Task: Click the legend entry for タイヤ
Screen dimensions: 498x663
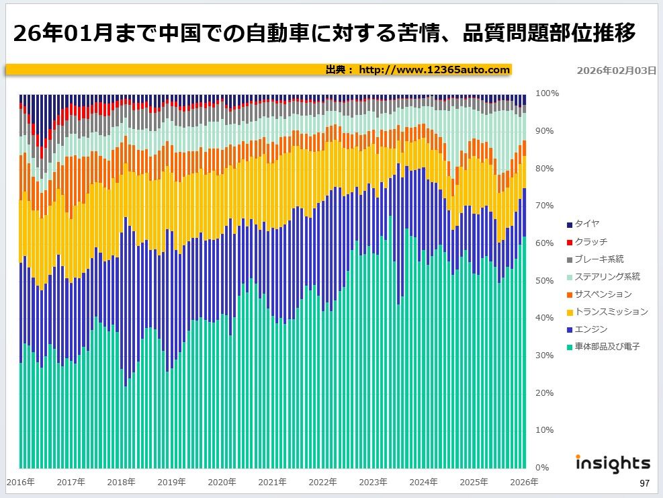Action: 587,224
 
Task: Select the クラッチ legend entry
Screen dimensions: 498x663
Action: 591,241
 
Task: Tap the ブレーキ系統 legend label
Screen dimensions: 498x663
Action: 599,259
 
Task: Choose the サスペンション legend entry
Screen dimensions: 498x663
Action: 603,294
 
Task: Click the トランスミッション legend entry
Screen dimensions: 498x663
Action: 611,311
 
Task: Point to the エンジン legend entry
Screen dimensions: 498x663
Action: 591,329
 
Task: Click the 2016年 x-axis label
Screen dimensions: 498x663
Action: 20,482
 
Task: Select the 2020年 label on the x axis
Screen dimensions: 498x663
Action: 222,482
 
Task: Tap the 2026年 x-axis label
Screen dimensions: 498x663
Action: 524,482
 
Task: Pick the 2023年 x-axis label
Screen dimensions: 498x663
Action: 373,482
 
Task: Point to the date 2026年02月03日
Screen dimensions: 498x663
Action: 616,70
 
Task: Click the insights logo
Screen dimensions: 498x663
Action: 613,463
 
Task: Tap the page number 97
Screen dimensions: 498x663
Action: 644,483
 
